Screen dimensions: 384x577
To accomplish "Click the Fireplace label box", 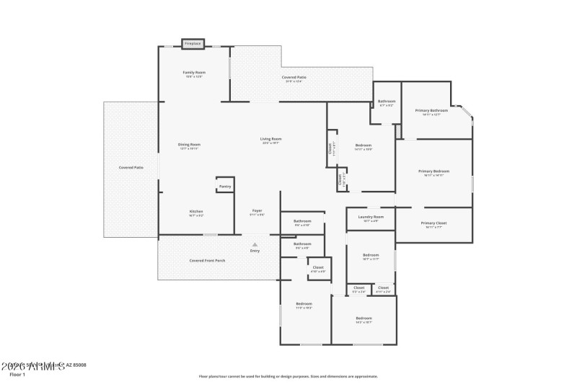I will click(x=193, y=44).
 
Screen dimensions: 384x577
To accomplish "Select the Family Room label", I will click(x=194, y=72).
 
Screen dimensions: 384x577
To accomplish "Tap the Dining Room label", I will click(x=189, y=144).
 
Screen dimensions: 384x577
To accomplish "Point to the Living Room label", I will click(x=271, y=138).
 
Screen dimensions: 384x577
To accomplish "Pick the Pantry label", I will click(x=224, y=187).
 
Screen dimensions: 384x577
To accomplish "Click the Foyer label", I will click(x=257, y=210).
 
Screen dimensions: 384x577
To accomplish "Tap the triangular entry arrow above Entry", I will click(x=255, y=244).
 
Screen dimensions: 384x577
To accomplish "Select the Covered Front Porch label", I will click(x=207, y=260).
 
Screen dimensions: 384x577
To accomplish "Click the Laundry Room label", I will click(x=371, y=216).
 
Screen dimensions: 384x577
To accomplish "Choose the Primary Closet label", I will click(x=433, y=223).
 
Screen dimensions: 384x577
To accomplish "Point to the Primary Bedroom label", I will click(x=433, y=171).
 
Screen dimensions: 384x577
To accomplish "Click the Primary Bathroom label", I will click(x=431, y=110).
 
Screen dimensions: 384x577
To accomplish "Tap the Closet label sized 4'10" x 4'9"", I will click(x=318, y=267).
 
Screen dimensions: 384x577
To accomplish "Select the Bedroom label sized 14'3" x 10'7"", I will click(x=364, y=318).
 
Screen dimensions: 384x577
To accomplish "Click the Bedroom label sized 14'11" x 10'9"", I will click(x=364, y=145).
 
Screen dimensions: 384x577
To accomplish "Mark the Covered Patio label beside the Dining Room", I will click(x=131, y=167).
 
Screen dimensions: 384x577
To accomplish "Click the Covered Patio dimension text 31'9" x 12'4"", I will click(x=293, y=81).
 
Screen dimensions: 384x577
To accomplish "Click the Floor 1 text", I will click(x=17, y=375).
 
